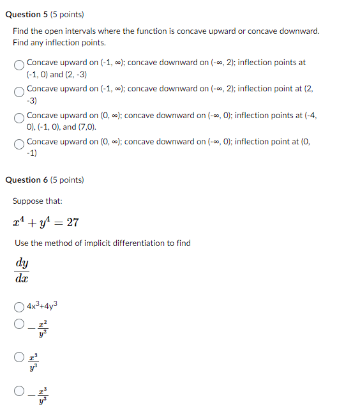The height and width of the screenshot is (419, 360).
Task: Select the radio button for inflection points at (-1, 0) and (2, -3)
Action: [x=20, y=65]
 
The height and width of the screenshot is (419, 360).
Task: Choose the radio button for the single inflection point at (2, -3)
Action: [x=20, y=91]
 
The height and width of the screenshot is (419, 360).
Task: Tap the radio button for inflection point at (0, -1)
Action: [x=20, y=144]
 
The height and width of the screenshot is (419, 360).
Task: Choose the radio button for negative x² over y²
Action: [x=20, y=324]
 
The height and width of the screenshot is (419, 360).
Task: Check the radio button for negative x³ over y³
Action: [x=20, y=390]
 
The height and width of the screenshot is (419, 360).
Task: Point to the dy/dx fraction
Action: [x=22, y=270]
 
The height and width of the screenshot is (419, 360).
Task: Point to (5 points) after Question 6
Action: [x=66, y=180]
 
